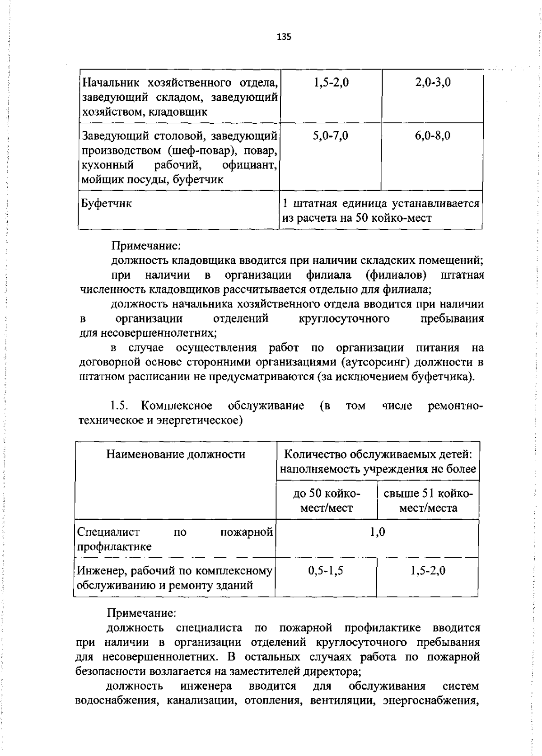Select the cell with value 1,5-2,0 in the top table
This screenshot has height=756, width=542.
331,83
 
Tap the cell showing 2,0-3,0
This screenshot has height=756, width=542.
433,83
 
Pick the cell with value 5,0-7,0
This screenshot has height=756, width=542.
331,135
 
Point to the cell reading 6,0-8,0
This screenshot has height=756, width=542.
433,135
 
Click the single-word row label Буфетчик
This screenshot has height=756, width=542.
107,204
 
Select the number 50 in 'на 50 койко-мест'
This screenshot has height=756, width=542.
364,218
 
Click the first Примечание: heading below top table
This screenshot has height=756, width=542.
146,246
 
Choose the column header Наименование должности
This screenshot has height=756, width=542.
176,454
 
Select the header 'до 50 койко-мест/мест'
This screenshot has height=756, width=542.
327,500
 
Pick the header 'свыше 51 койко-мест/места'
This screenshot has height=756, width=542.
428,500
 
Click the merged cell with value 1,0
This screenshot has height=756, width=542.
378,532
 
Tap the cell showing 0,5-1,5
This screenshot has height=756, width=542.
326,571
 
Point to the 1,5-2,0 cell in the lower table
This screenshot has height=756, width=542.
428,571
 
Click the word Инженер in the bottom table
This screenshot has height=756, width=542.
102,571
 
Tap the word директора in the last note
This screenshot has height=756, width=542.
331,672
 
